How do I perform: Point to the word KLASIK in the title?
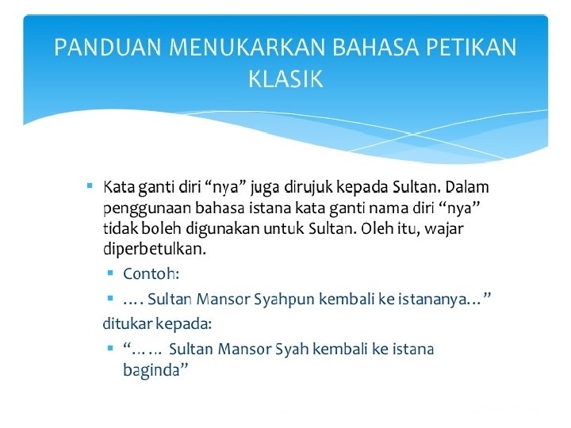coord(285,79)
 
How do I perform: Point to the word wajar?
coord(446,229)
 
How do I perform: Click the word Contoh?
coord(151,273)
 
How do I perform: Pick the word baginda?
coord(155,369)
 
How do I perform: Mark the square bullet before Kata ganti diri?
coord(91,187)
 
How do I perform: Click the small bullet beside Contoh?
coord(110,273)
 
